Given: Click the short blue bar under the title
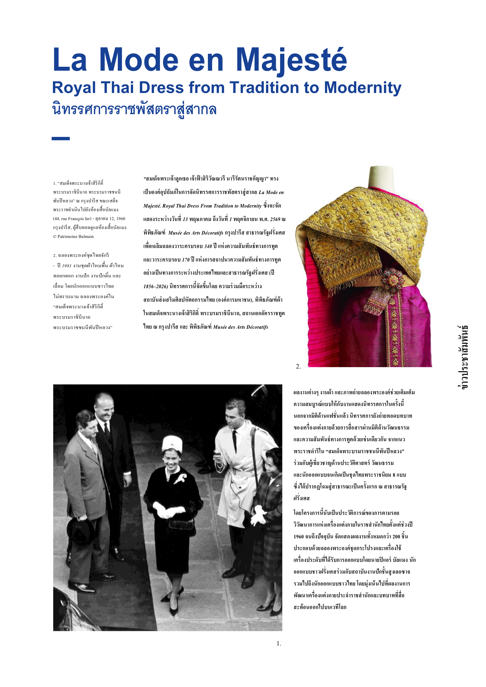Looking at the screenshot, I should [x=61, y=139].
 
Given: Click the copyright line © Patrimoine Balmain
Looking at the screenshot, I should [x=73, y=236].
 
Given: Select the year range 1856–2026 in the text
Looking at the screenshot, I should [x=155, y=286].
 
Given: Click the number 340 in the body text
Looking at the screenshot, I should [x=208, y=246].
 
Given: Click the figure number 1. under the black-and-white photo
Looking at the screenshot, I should [x=279, y=643].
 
